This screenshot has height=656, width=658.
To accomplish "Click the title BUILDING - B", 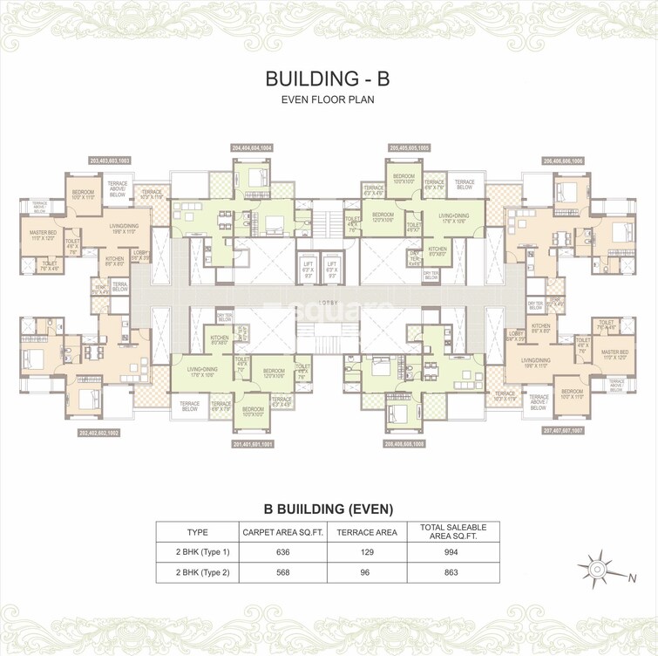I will (328, 78).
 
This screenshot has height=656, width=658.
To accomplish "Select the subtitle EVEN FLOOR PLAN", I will (328, 100).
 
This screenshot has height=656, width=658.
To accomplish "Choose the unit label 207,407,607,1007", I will (563, 431).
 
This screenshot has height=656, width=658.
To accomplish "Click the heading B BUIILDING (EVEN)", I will (329, 509).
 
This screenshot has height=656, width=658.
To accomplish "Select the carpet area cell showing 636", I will (282, 551).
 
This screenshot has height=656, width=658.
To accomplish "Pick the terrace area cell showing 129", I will (368, 551).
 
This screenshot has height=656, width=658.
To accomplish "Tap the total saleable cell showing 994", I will (452, 551).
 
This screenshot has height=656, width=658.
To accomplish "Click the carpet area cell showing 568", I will (282, 572).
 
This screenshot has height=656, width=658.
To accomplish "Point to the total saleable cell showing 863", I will (452, 572).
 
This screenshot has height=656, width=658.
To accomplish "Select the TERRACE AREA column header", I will (368, 531).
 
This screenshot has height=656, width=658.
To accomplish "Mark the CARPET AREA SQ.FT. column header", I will (282, 531).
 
